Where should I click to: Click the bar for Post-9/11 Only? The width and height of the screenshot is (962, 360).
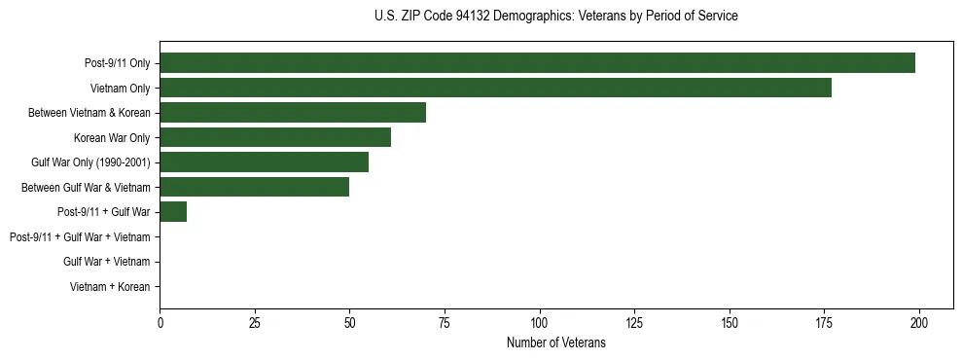(x=537, y=63)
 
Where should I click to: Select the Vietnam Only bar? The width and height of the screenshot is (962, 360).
(x=495, y=88)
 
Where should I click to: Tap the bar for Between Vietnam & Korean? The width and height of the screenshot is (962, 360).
(x=293, y=113)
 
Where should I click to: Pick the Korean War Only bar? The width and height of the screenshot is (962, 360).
(x=275, y=137)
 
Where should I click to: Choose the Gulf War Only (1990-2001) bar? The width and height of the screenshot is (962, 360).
(x=264, y=162)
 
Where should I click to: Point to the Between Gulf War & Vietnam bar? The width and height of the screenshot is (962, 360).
(x=254, y=187)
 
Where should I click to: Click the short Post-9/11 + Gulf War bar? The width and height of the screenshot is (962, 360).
(x=173, y=211)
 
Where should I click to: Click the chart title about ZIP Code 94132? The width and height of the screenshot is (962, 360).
(x=555, y=17)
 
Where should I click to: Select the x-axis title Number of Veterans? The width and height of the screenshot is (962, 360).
(x=555, y=343)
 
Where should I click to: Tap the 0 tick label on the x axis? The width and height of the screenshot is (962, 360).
(x=160, y=323)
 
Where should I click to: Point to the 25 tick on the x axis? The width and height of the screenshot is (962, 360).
(x=254, y=323)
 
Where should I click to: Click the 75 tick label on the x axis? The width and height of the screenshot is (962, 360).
(x=445, y=323)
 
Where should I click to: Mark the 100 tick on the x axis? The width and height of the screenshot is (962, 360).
(x=539, y=323)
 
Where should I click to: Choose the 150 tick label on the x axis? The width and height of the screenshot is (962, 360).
(x=730, y=323)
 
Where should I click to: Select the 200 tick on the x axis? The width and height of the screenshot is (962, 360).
(x=919, y=323)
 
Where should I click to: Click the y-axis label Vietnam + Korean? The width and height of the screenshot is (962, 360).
(x=110, y=286)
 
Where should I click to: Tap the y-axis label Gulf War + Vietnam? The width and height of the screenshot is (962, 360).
(x=106, y=261)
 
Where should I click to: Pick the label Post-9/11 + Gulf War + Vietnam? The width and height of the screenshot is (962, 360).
(x=80, y=236)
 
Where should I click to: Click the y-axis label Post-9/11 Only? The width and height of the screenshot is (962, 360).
(x=117, y=63)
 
